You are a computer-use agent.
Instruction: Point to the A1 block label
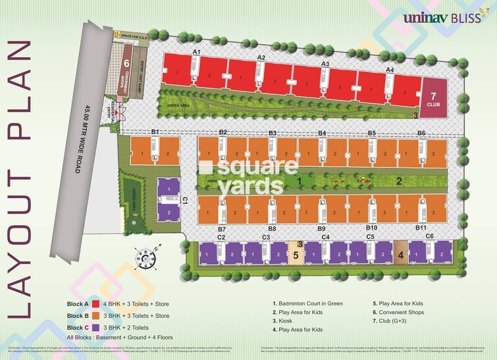tap(196, 51)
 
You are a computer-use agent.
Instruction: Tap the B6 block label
tap(421, 133)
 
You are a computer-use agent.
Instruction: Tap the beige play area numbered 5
tap(296, 253)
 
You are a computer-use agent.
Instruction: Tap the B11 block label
tap(421, 228)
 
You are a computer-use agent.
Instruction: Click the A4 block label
tap(390, 69)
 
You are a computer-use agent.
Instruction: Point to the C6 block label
tap(429, 236)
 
